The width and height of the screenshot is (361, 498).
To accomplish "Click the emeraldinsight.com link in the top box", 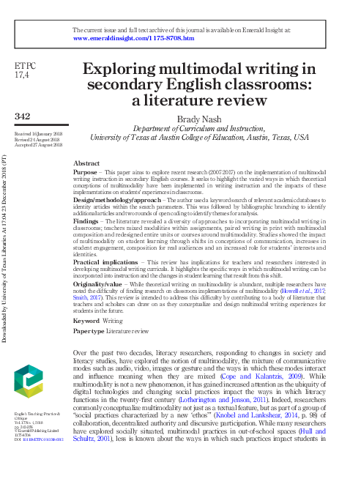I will [128, 37].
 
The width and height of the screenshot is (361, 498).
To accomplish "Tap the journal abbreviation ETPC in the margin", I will [26, 67].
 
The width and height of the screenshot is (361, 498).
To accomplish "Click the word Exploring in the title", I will [119, 70].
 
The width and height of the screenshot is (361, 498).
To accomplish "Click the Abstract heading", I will [87, 163].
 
